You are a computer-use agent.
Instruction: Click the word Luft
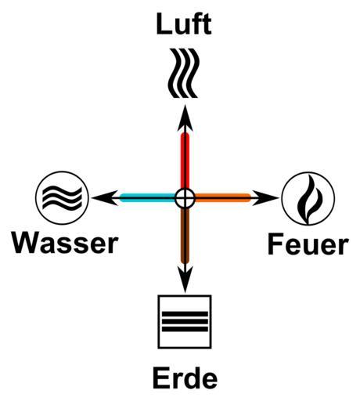[x=184, y=24]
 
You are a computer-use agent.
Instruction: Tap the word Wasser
[x=65, y=243]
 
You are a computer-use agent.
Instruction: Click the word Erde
[x=185, y=378]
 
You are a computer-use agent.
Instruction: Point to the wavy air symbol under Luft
[x=184, y=73]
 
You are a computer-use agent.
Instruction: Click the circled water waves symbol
[x=62, y=198]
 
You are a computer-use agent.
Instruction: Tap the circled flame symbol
[x=308, y=198]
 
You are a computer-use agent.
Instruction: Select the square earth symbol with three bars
[x=185, y=322]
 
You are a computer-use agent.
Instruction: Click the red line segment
[x=185, y=161]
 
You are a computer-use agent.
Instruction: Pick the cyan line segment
[x=148, y=197]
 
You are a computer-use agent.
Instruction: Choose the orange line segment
[x=223, y=197]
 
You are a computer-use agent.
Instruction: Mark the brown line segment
[x=185, y=235]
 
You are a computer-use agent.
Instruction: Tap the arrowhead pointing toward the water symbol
[x=104, y=198]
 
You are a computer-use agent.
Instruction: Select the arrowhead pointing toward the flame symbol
[x=265, y=198]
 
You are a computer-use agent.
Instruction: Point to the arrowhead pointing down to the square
[x=185, y=279]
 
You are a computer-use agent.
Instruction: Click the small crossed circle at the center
[x=185, y=198]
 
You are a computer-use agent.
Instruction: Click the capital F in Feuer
[x=275, y=244]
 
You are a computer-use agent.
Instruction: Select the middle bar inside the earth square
[x=185, y=322]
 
